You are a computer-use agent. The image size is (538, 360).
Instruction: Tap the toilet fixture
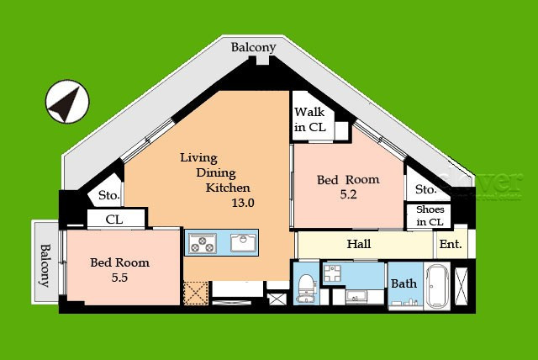tap(306, 288)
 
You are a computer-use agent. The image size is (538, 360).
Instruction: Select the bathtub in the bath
tap(437, 287)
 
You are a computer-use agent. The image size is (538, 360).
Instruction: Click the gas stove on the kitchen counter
tap(203, 243)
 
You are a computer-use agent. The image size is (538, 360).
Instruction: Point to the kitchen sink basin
tap(244, 242)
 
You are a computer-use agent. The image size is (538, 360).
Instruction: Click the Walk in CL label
tap(310, 119)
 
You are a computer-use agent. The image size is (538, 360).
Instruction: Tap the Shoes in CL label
tap(430, 215)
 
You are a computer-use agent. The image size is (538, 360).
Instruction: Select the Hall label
tap(359, 244)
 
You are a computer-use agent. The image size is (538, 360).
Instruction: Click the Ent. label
tap(451, 245)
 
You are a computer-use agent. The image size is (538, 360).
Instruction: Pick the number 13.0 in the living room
tap(243, 203)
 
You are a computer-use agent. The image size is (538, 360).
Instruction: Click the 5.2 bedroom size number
tap(349, 194)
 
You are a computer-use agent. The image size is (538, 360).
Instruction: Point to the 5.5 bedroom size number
tap(119, 278)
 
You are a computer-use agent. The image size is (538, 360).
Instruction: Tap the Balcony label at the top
tap(254, 48)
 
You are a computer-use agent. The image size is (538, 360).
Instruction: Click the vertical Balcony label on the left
tap(45, 265)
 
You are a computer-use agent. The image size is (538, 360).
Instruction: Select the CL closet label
tap(114, 220)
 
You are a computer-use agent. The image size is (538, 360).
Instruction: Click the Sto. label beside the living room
tap(109, 195)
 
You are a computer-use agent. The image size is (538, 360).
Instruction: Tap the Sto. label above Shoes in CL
tap(426, 189)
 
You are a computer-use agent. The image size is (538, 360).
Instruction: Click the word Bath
tap(404, 283)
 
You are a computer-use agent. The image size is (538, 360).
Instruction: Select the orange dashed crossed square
tap(196, 293)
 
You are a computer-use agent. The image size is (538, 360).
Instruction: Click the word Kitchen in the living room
tap(228, 188)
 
